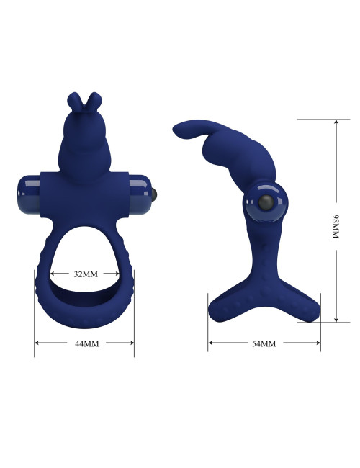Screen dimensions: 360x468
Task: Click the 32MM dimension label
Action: coord(86,274)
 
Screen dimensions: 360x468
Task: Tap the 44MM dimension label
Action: coord(86,343)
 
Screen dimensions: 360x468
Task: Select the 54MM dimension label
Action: coord(264,343)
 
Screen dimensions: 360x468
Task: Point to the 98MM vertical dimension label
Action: coord(336,226)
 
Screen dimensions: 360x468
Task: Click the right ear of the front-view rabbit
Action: coord(94,101)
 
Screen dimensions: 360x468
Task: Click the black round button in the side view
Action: coord(266,203)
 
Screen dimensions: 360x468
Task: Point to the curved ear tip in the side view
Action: coord(178,130)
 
